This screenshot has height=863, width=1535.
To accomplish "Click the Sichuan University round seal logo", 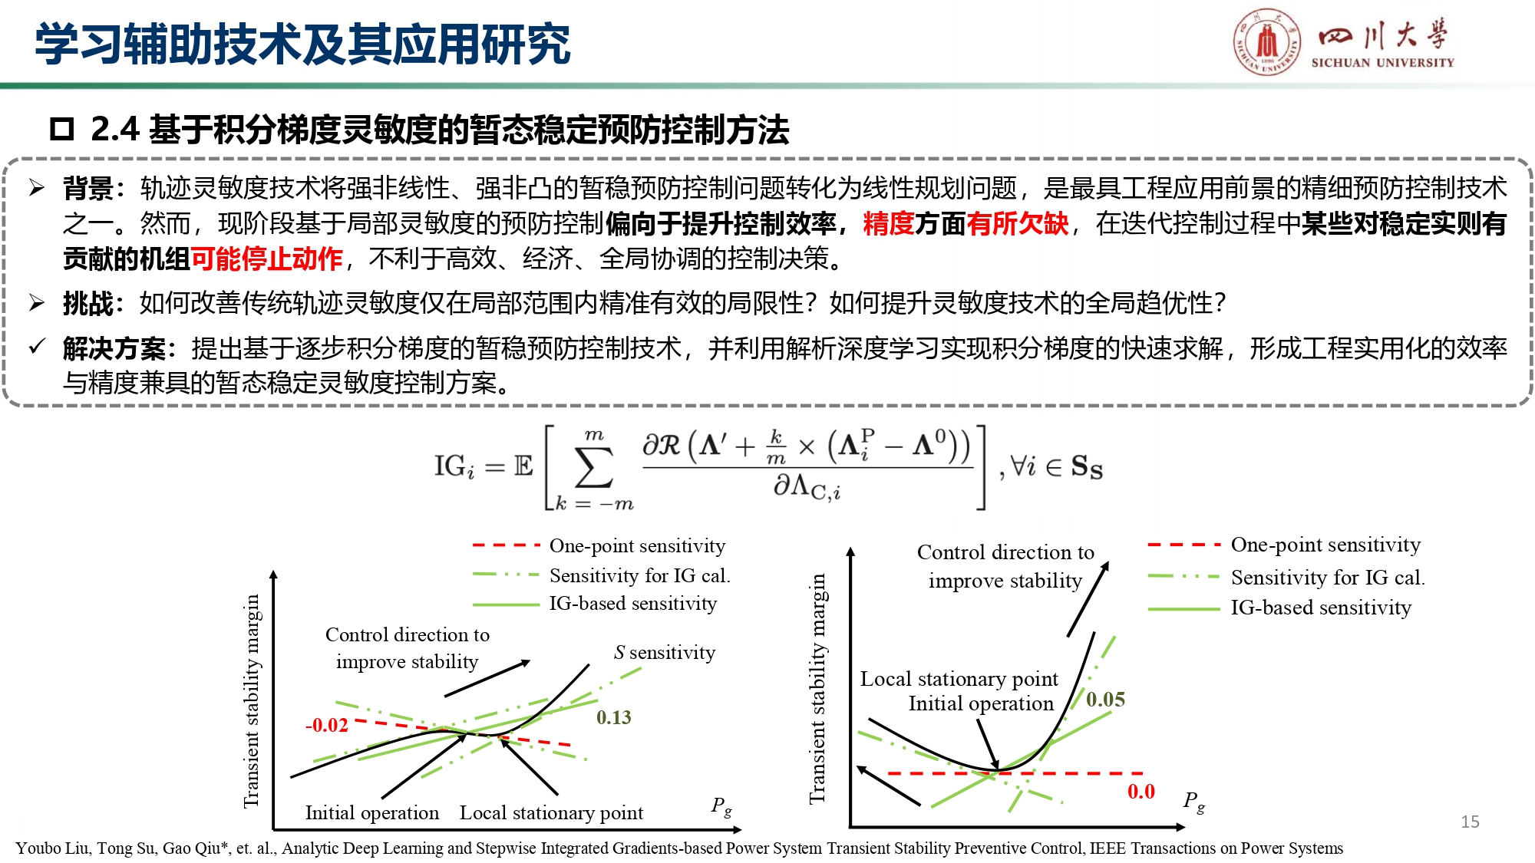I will click(x=1267, y=41).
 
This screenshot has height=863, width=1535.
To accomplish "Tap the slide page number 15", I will click(x=1470, y=822).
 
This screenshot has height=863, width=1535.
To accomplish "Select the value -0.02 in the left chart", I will click(x=327, y=725).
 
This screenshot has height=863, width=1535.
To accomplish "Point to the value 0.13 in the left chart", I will click(x=613, y=717).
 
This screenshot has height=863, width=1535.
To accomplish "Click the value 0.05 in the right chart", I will click(x=1105, y=699).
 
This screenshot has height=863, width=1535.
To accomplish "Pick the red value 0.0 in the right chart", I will click(x=1141, y=791).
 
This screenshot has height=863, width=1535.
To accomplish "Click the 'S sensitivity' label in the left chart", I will click(x=664, y=652).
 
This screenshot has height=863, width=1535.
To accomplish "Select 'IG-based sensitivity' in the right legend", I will click(x=1320, y=608).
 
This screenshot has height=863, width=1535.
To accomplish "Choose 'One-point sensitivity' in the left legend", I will click(x=637, y=545).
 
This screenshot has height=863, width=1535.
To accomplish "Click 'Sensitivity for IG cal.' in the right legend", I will click(x=1327, y=577).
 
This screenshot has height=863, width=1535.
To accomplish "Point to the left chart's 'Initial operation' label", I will click(x=371, y=812).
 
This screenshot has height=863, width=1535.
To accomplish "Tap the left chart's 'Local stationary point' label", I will click(x=551, y=812).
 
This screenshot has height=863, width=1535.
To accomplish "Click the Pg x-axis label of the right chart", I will click(x=1193, y=801).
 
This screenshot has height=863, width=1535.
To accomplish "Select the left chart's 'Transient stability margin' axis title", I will click(x=252, y=700).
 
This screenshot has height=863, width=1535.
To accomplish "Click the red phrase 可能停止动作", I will click(x=266, y=259).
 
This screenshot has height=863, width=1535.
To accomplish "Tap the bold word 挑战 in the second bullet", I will click(x=87, y=304).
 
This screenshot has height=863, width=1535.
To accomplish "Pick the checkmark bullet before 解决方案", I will click(x=37, y=347).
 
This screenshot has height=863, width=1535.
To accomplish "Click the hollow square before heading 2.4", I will click(x=61, y=129).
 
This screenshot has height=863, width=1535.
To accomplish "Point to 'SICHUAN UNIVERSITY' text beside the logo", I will click(x=1382, y=63).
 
